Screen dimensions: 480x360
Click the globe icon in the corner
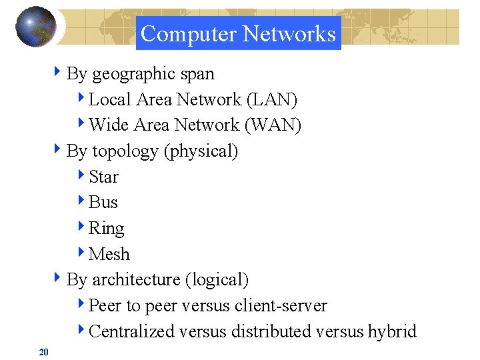point(35,26)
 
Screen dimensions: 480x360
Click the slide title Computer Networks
point(238,33)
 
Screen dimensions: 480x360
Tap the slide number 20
point(44,351)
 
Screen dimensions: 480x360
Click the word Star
point(103,177)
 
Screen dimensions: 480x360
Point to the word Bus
point(103,202)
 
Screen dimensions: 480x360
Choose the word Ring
point(106,229)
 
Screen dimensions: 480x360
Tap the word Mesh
point(109,254)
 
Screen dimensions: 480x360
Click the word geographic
point(131,74)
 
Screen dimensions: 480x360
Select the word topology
point(125,151)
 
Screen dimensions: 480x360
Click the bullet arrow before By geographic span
point(59,73)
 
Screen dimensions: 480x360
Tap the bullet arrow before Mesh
point(81,253)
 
